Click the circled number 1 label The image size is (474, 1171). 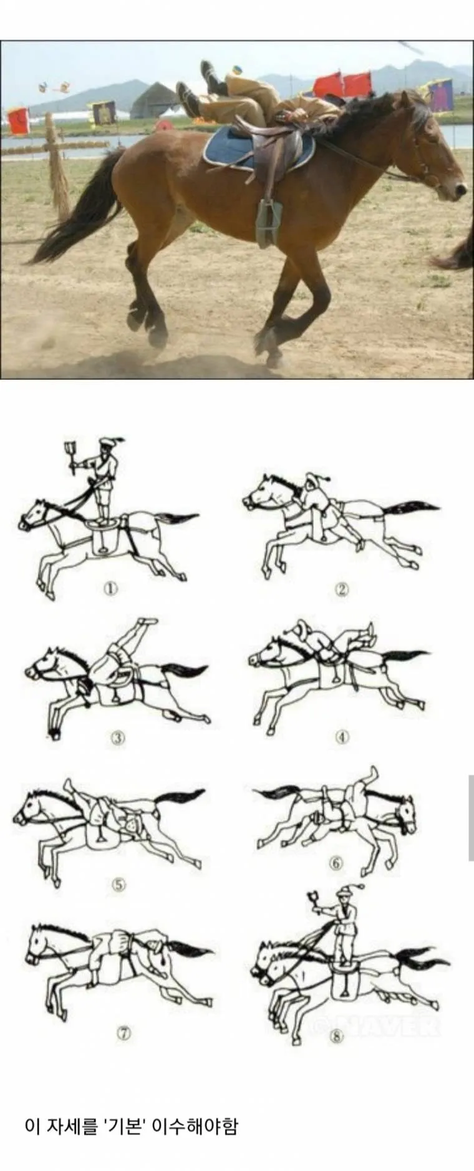[110, 588]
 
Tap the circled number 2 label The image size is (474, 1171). [341, 588]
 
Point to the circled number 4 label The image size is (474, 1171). [342, 737]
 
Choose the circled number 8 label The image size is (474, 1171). [337, 1036]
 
